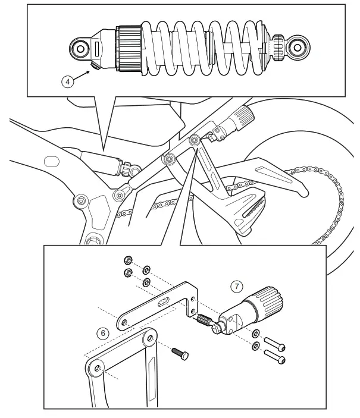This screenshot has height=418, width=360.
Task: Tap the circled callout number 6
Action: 104,333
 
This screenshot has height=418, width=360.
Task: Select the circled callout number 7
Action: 236,287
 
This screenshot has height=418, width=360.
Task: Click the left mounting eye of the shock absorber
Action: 79,47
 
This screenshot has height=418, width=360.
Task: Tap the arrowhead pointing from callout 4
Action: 94,68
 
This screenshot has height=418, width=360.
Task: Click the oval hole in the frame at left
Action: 52,161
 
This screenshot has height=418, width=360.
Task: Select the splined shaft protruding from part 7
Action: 204,322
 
